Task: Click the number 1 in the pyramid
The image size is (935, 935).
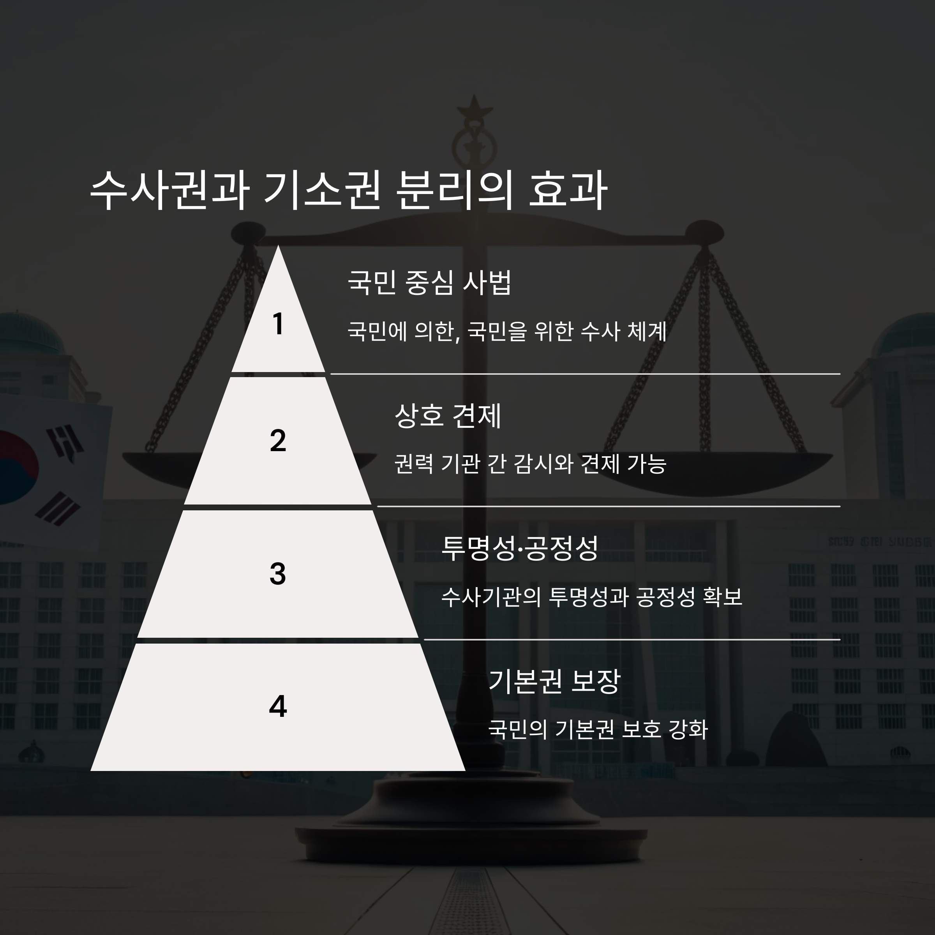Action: (278, 323)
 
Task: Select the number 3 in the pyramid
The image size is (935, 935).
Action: (278, 573)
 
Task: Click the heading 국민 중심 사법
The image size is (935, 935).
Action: (429, 282)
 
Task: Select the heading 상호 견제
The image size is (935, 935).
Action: (448, 415)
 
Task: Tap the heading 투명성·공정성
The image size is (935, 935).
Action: (520, 548)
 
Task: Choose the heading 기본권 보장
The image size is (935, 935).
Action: (554, 681)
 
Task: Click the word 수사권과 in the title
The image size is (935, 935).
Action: (169, 190)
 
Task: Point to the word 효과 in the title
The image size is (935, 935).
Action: (567, 190)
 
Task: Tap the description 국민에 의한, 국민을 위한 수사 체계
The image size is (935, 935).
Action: (507, 332)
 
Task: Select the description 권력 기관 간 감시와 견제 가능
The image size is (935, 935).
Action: (530, 464)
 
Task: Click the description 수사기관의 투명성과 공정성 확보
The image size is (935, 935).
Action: (591, 597)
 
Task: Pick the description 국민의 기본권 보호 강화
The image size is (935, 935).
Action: (598, 729)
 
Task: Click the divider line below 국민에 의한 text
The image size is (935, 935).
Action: (585, 374)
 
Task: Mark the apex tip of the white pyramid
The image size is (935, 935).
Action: (278, 248)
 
